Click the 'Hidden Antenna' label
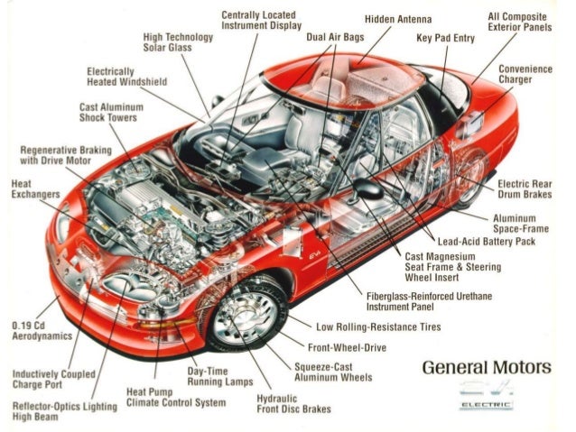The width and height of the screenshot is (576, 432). pyautogui.click(x=398, y=19)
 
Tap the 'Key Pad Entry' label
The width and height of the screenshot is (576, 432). pyautogui.click(x=445, y=39)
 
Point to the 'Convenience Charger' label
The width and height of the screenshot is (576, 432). pyautogui.click(x=525, y=74)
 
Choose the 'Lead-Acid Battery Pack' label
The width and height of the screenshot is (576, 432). pyautogui.click(x=487, y=242)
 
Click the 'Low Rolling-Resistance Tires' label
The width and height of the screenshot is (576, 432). pyautogui.click(x=378, y=326)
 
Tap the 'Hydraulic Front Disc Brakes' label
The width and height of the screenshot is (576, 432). pyautogui.click(x=294, y=402)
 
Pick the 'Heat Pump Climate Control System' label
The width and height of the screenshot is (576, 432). pyautogui.click(x=175, y=397)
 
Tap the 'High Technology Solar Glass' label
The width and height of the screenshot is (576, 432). pyautogui.click(x=178, y=42)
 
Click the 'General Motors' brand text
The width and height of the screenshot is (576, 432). pyautogui.click(x=486, y=368)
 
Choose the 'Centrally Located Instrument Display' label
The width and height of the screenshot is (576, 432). pyautogui.click(x=262, y=22)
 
